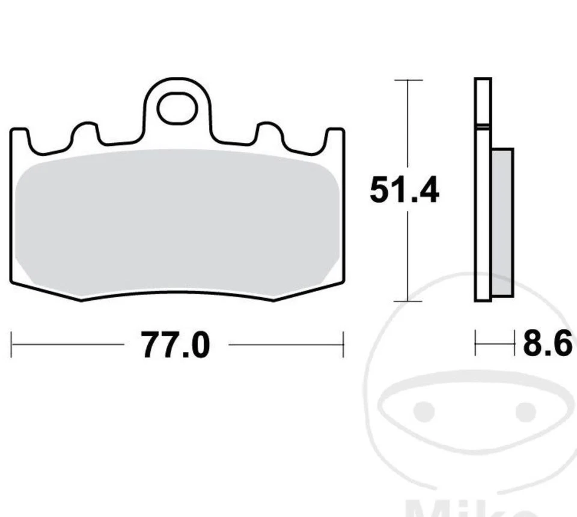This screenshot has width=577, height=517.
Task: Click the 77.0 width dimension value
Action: [176, 346]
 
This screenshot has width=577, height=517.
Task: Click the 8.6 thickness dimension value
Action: [546, 345]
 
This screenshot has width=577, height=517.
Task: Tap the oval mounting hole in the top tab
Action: [177, 109]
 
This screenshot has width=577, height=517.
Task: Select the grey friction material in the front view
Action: [177, 222]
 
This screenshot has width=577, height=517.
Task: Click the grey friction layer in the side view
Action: [502, 222]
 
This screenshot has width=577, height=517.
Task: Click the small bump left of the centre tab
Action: [85, 132]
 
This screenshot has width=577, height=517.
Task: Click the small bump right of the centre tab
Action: [269, 132]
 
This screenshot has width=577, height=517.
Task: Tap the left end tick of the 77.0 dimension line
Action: [11, 344]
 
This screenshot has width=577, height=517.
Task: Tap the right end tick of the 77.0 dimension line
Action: [343, 344]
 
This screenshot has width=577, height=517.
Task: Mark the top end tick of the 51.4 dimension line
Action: [408, 80]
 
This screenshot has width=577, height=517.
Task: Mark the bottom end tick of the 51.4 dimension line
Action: [408, 301]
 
